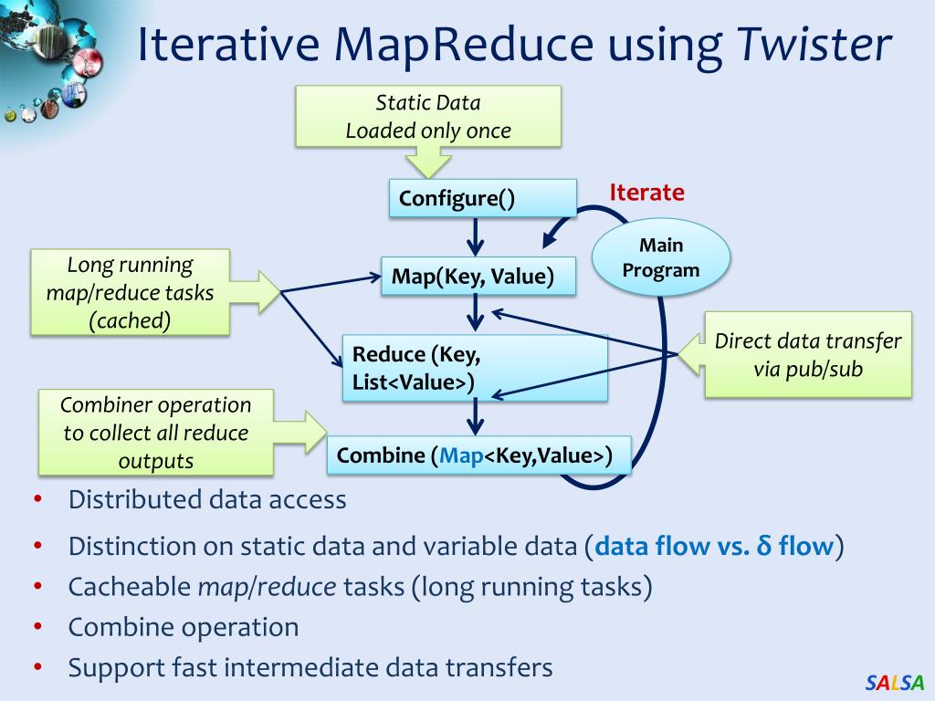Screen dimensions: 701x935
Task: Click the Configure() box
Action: pos(482,199)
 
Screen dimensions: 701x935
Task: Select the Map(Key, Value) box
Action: pos(478,276)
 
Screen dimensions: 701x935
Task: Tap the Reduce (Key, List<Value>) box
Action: pos(474,368)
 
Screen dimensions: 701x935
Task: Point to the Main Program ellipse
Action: pos(661,257)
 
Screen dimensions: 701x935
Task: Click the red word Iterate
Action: pos(646,193)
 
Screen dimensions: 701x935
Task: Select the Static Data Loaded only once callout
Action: pos(427,117)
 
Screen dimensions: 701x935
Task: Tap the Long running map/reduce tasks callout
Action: pos(130,293)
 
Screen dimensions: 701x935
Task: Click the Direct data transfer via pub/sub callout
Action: pos(807,354)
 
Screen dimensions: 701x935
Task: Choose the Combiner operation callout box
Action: pos(156,433)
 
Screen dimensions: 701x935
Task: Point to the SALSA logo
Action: pos(895,682)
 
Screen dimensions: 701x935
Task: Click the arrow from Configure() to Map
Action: pos(475,238)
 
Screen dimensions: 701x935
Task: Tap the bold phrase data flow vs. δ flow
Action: pos(714,547)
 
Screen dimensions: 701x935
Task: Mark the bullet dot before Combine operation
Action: pos(37,627)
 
